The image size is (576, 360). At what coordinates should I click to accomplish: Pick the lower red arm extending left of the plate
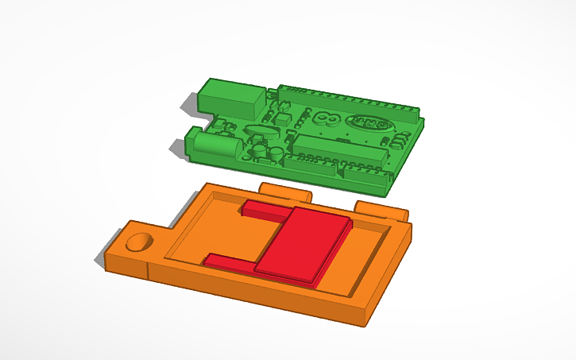click(230, 261)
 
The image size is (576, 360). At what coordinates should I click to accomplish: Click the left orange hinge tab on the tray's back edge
click(286, 192)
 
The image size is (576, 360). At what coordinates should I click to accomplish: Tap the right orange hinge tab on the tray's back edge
click(380, 210)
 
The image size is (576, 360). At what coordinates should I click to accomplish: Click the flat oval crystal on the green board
click(262, 130)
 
